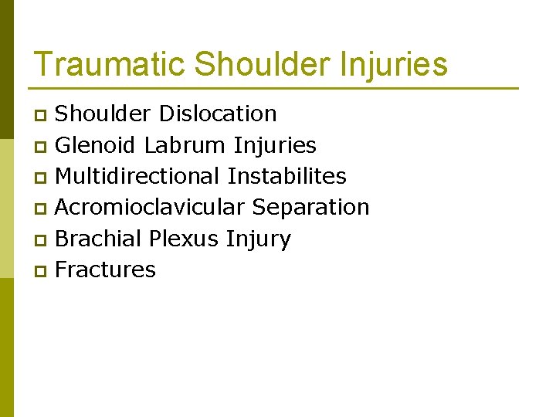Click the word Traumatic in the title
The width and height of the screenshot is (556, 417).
109,64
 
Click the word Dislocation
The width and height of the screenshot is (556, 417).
217,114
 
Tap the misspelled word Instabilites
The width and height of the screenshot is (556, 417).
286,176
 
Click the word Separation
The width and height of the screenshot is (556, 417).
311,207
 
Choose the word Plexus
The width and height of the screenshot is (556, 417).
184,239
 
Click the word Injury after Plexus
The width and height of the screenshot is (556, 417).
259,239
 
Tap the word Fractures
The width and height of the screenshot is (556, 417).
106,270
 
